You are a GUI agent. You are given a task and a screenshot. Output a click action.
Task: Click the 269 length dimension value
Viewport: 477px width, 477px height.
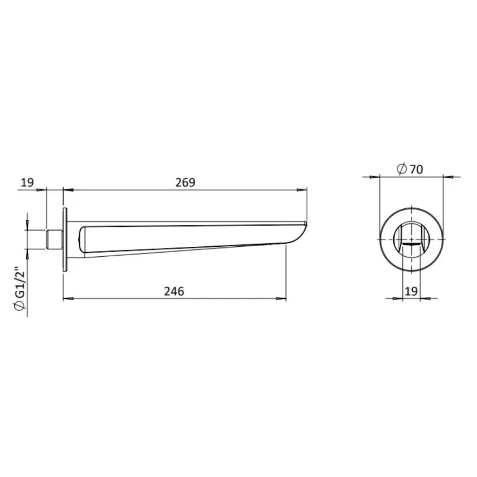click(185, 182)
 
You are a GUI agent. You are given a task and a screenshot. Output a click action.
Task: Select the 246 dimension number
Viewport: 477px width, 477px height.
click(174, 291)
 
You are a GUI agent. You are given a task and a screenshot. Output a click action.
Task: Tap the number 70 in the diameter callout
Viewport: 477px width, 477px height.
click(415, 169)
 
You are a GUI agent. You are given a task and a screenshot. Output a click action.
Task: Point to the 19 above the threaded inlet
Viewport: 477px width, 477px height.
click(27, 182)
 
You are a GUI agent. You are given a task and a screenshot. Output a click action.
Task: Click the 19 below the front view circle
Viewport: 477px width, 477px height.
click(411, 291)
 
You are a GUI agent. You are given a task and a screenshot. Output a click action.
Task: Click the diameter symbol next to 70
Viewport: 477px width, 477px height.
click(400, 169)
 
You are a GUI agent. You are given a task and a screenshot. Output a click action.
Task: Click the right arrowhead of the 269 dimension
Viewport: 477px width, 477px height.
click(304, 190)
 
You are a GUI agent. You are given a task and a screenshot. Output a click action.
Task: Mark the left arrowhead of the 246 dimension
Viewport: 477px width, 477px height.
click(66, 298)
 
